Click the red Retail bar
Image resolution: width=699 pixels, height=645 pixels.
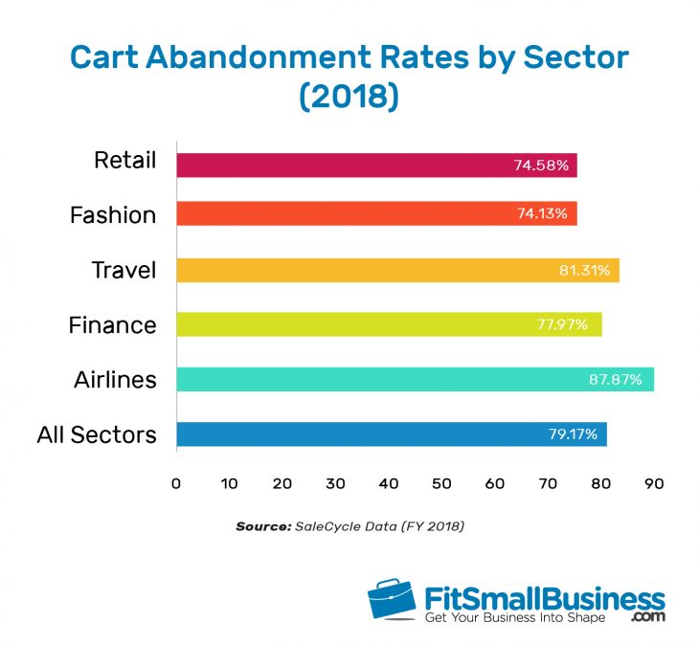373,166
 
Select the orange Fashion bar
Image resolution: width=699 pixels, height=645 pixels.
373,213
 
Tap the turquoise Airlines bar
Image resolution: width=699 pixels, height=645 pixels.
412,379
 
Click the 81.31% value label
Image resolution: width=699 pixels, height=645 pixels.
584,270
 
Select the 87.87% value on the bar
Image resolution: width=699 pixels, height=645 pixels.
620,379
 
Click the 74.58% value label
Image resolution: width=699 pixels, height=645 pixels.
541,166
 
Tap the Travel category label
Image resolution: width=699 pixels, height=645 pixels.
124,270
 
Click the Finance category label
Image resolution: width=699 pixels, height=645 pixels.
112,325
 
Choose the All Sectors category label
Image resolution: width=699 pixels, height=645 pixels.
97,435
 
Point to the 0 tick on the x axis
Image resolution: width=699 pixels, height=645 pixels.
176,483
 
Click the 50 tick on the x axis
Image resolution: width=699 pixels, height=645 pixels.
441,483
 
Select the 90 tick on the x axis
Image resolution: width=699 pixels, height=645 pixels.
654,483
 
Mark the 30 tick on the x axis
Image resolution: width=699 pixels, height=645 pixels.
335,483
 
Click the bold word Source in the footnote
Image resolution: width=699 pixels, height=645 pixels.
259,526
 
